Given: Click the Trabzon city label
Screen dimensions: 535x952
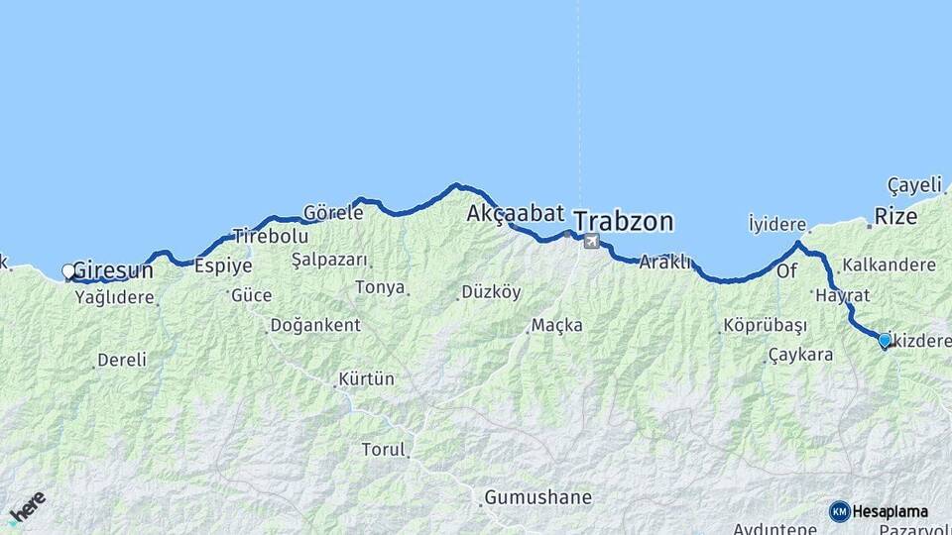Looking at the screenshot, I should tap(623, 220).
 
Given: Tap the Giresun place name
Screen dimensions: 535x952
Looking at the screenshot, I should tap(113, 269).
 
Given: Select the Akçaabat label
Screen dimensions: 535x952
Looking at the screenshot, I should tap(515, 213).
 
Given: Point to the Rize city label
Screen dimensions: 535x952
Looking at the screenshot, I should tap(897, 215).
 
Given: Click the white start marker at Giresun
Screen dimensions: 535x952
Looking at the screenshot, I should tap(68, 270).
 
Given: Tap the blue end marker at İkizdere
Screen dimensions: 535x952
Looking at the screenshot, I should tap(885, 340).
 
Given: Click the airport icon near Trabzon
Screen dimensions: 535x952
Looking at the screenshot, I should tap(591, 240).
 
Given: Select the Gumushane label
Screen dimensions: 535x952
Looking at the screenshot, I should tap(537, 497).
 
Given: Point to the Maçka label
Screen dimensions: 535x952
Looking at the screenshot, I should tap(557, 325).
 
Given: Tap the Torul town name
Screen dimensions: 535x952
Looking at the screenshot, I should tap(384, 449).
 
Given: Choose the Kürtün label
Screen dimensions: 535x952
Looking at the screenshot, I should tap(366, 378).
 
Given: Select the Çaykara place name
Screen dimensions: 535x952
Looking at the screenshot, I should tap(800, 355).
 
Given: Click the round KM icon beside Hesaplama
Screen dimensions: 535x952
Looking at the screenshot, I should tap(839, 511).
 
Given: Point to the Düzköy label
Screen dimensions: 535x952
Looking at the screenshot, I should tap(491, 292).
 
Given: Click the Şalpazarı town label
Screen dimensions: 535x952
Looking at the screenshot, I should tap(329, 260).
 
